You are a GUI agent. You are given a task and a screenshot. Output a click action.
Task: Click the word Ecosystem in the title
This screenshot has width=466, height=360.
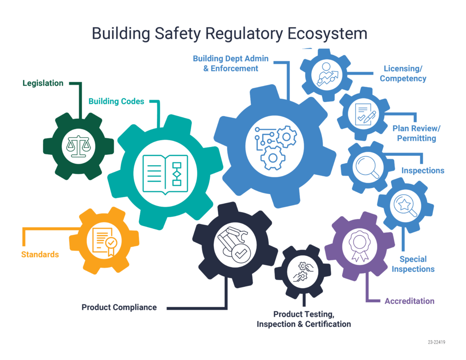tap(327, 34)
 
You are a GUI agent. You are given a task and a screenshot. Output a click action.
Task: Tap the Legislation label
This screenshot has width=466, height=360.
tap(43, 83)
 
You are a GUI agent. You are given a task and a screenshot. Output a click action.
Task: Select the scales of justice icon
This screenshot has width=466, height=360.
tap(78, 146)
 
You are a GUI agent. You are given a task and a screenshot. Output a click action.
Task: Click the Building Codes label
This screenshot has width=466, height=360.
tap(116, 101)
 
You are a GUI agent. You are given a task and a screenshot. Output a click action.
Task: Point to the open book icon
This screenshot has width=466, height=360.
tap(165, 174)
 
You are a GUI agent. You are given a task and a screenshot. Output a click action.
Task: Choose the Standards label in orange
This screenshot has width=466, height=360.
tap(40, 254)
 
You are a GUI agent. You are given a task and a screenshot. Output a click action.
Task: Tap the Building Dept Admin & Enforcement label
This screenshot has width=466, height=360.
tap(231, 63)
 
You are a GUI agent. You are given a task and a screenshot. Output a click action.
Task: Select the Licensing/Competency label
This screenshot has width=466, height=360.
tap(403, 73)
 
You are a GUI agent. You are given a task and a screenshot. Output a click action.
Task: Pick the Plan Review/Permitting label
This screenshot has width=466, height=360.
tap(416, 133)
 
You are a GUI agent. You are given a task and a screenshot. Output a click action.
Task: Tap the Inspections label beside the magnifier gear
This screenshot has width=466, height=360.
tap(423, 171)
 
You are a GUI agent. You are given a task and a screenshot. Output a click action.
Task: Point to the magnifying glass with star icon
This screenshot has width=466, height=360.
tap(405, 206)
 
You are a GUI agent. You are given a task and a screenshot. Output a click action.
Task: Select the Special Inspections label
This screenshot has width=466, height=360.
tap(413, 264)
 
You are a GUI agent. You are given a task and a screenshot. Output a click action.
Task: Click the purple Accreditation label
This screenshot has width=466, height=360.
tap(410, 301)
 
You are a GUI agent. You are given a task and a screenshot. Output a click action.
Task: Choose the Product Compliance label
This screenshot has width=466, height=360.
tap(119, 307)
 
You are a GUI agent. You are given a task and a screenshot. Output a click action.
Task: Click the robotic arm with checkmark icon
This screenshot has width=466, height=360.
tap(235, 245)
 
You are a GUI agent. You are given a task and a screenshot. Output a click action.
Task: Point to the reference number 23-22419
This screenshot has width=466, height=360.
tap(436, 342)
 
